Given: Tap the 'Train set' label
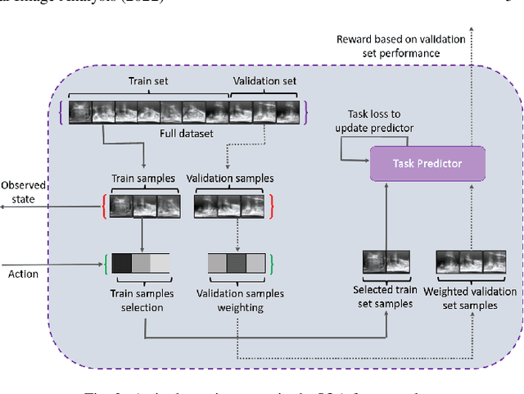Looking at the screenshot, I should click(x=145, y=82).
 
